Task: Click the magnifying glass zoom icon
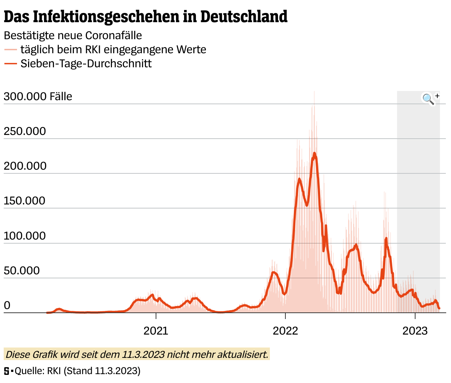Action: pos(428,99)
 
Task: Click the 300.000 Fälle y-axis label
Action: pos(38,96)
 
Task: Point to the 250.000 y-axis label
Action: pos(25,131)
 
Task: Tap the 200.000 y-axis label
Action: pos(25,166)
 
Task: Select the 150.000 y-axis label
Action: pos(25,201)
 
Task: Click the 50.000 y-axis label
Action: pos(21,271)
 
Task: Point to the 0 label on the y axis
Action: pos(7,305)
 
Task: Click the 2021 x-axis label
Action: pos(156,331)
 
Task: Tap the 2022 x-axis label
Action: pos(285,331)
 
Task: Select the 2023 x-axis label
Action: pos(415,331)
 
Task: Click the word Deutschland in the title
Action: pos(244,17)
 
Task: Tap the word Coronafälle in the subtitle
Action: pos(113,35)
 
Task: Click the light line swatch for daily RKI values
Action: pos(10,50)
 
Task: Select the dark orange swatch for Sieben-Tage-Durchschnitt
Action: pos(10,64)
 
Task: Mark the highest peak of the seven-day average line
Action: pos(314,153)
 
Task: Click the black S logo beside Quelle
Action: pos(7,371)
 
